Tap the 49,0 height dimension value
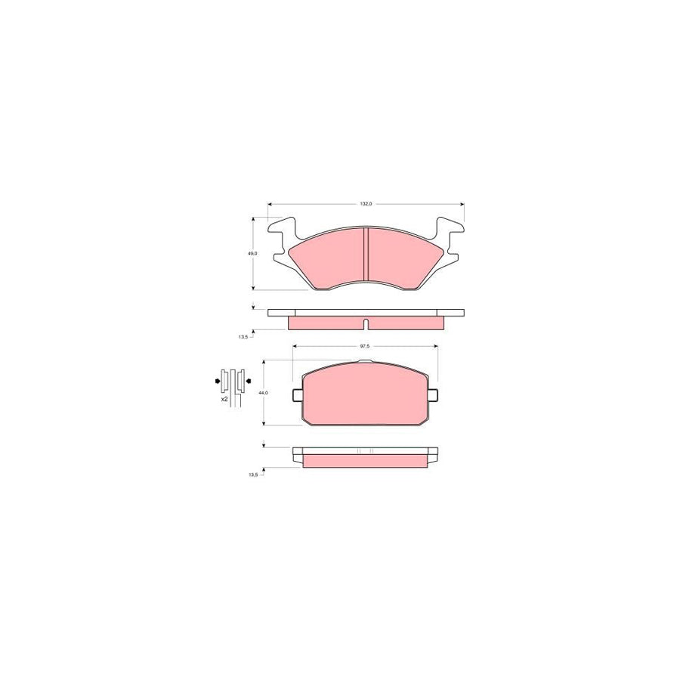click(x=252, y=254)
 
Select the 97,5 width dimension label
click(x=365, y=346)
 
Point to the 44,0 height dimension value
click(x=263, y=393)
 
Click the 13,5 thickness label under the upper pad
click(x=243, y=338)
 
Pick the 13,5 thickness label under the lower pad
click(x=252, y=475)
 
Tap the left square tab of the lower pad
click(x=298, y=395)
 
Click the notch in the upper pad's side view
click(x=366, y=325)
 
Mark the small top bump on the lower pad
click(x=366, y=363)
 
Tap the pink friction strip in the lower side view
click(x=366, y=461)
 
